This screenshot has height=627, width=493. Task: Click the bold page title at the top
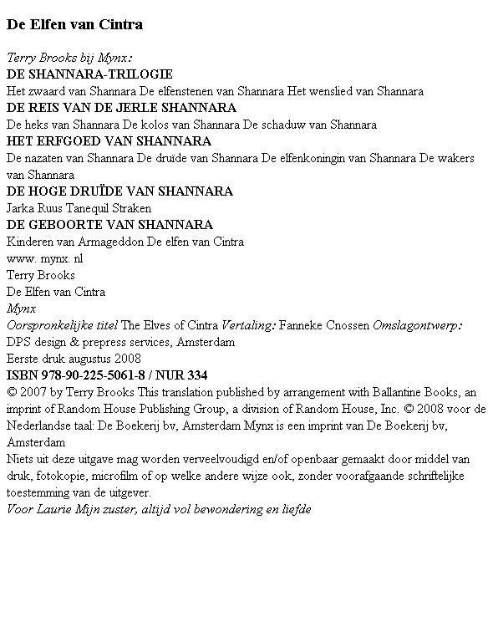74,24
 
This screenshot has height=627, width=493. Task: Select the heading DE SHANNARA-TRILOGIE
89,74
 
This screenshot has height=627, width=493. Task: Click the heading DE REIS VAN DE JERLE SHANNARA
121,108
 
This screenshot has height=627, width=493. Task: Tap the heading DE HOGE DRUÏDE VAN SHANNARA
119,191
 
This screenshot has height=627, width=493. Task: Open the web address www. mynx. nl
44,258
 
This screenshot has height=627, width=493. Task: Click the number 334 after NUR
196,375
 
